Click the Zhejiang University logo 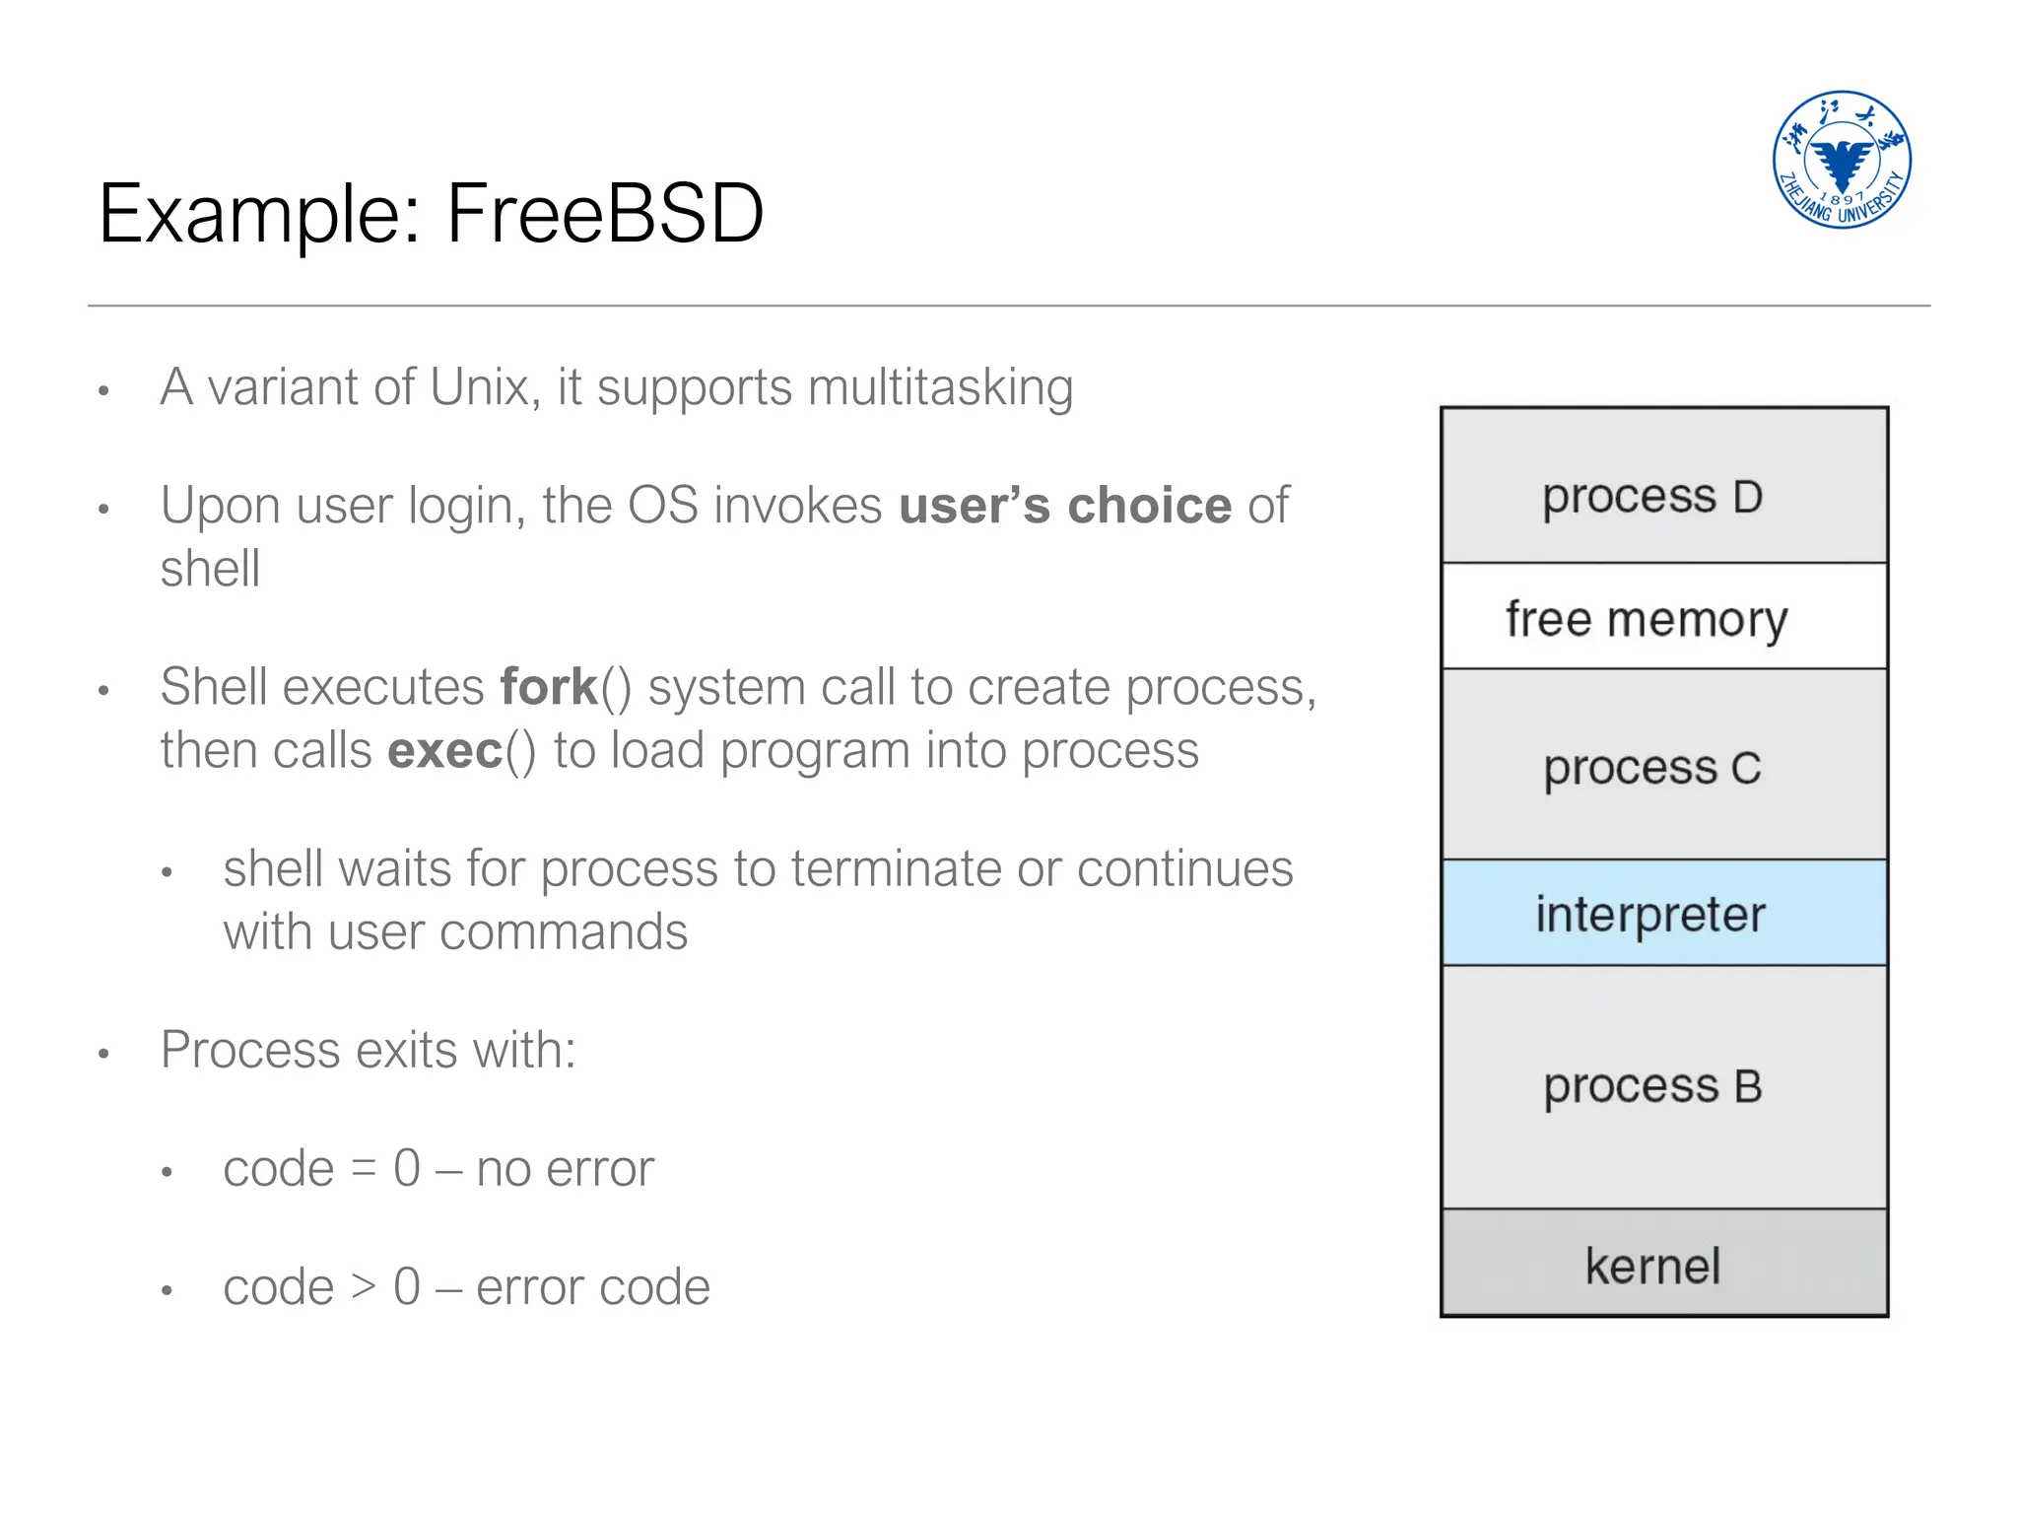click(1841, 160)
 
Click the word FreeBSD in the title click(605, 214)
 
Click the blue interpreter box click(1663, 913)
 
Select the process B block click(1663, 1086)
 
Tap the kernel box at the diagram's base click(1663, 1264)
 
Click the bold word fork click(549, 687)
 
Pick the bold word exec click(445, 751)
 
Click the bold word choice click(1149, 506)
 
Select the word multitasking click(940, 387)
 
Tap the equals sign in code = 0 click(364, 1170)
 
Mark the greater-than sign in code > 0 click(364, 1288)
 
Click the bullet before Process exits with click(103, 1054)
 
